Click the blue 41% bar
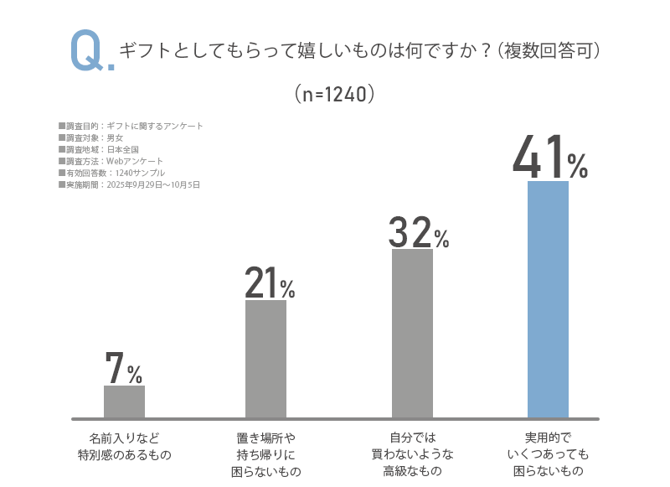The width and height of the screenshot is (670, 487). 548,298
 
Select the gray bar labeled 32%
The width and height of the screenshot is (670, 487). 412,333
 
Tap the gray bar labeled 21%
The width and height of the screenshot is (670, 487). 265,358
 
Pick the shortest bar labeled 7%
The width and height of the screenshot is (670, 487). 124,401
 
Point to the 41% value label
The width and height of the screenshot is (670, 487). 549,158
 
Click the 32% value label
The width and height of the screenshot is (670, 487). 418,232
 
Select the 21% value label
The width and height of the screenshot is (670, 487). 269,283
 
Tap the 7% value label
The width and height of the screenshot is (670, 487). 123,368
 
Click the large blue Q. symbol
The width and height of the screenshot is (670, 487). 91,53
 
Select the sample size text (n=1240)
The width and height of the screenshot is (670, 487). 334,94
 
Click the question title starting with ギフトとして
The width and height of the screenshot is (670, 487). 360,51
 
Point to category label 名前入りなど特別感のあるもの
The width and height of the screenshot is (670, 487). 124,447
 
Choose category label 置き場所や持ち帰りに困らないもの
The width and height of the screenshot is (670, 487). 265,454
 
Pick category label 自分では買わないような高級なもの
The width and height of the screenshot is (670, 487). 412,454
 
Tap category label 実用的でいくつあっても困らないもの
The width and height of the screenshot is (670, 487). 548,454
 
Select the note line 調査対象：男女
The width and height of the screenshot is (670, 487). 91,137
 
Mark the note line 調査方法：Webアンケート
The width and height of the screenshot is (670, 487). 111,161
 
